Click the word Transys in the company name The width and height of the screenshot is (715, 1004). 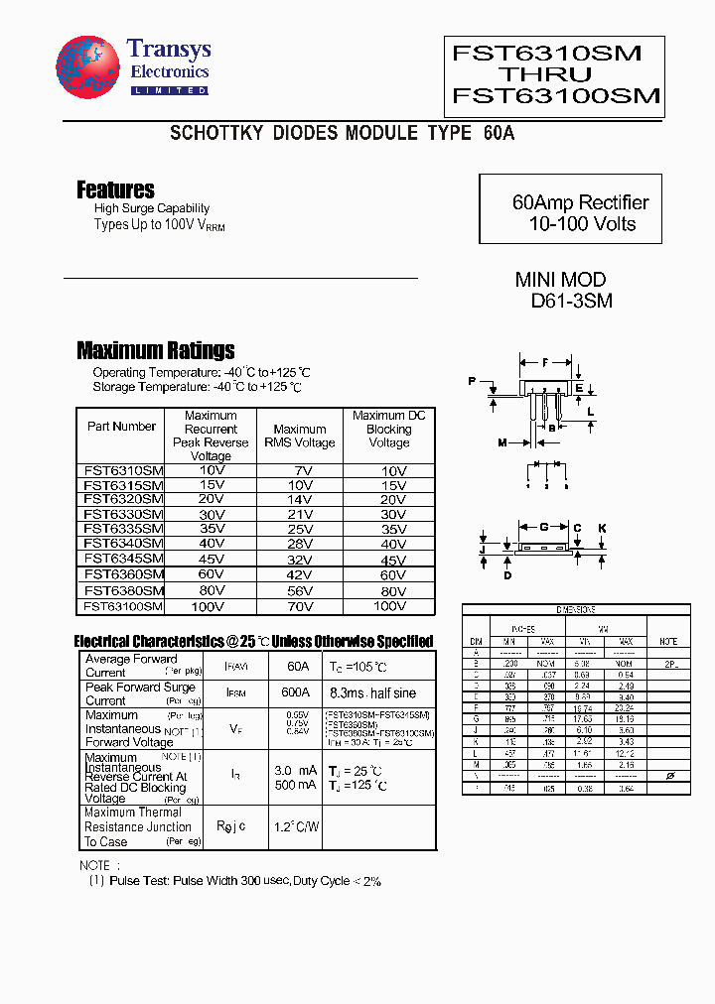(169, 50)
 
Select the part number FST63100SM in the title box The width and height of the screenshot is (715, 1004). (555, 96)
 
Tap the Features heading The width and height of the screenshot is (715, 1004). (115, 189)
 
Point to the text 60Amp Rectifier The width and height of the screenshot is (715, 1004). (580, 202)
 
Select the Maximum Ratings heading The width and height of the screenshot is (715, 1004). (156, 350)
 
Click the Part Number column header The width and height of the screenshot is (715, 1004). (121, 427)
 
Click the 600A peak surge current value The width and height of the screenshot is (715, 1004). (295, 692)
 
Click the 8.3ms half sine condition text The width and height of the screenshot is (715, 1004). (373, 692)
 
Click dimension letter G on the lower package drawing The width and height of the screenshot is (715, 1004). (543, 528)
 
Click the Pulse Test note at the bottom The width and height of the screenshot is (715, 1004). (234, 880)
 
